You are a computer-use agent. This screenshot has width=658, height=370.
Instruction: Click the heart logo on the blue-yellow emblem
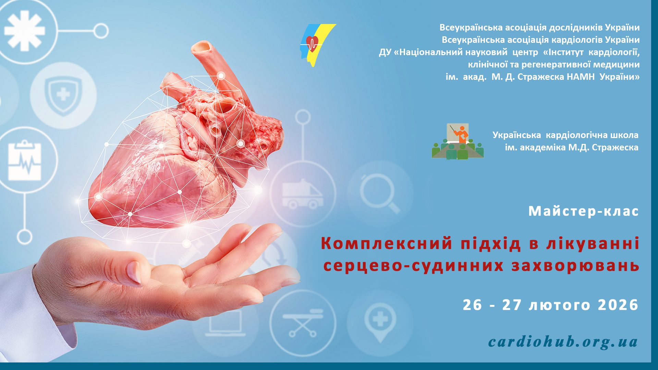point(312,43)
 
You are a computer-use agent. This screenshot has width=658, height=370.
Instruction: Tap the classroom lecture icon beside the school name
point(458,141)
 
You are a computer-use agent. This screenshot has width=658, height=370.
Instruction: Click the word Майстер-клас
point(583,211)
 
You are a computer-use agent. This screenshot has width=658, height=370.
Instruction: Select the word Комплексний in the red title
point(387,244)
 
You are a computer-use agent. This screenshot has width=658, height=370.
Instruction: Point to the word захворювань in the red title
point(575,266)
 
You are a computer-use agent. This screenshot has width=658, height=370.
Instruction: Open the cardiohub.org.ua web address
point(563,342)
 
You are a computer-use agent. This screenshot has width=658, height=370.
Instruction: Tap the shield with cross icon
point(63,95)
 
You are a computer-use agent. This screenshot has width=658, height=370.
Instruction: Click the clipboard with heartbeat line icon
point(25,160)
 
